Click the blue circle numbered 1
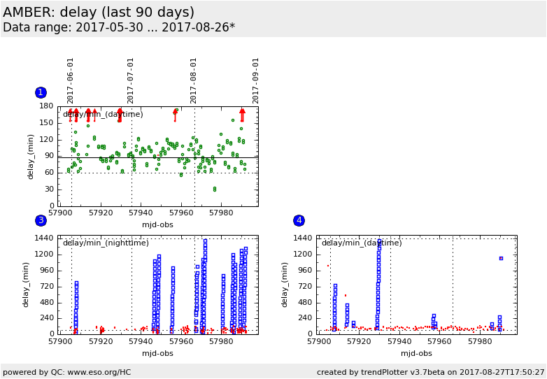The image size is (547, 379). coord(41,92)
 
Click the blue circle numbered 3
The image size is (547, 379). coord(41,220)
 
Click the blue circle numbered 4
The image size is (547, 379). coord(299,220)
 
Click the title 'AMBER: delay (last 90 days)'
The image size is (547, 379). coord(99,13)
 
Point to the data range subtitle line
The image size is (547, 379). coord(119,28)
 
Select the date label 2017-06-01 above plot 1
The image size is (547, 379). coord(71,80)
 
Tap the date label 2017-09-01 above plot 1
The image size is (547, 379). coord(256,80)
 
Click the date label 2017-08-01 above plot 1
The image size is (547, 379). coord(194,80)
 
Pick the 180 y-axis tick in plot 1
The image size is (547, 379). coord(47,106)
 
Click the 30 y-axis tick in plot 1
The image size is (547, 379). coord(49,189)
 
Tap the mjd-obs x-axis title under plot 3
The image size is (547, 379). coord(158,353)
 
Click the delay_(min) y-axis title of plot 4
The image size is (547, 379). coord(285,285)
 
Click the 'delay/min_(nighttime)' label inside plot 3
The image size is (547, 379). coord(106,243)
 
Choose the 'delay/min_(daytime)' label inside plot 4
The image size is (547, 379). coord(362,243)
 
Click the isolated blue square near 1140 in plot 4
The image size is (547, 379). coord(501,258)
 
